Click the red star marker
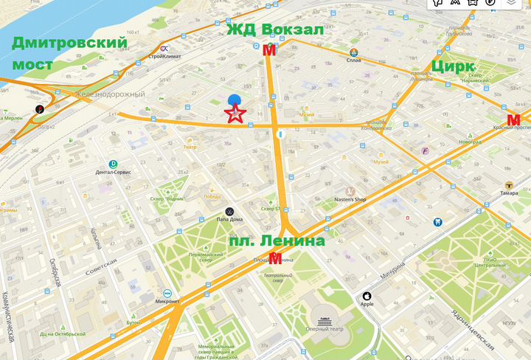(x=235, y=113)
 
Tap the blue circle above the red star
(x=235, y=100)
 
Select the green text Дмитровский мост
(x=69, y=53)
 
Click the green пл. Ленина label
(x=277, y=240)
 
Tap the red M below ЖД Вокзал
(x=269, y=50)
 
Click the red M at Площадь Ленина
(x=275, y=258)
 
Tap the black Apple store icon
(x=365, y=297)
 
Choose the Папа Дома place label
(x=229, y=219)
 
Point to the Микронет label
(x=167, y=301)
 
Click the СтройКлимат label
(x=164, y=56)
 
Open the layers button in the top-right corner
(x=512, y=4)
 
